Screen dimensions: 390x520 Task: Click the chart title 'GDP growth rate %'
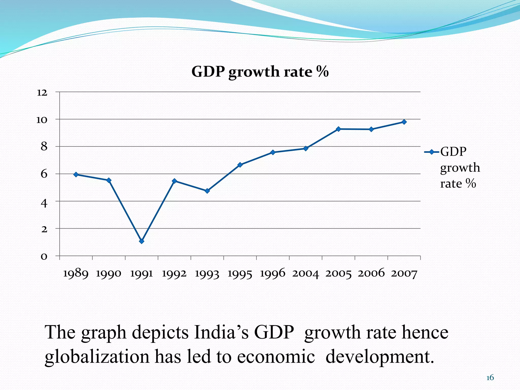tap(260, 72)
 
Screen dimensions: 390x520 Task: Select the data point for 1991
tap(142, 241)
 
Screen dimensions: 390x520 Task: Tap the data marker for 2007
tap(404, 122)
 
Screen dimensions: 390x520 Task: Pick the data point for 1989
tap(76, 174)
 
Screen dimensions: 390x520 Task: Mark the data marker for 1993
tap(207, 191)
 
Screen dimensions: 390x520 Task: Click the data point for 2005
tap(338, 129)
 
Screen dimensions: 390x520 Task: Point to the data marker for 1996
tap(273, 152)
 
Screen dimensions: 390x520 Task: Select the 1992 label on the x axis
tap(174, 274)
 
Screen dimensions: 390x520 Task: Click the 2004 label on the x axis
tap(305, 274)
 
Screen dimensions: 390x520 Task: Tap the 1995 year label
tap(240, 274)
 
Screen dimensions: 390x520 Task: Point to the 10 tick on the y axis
tap(42, 120)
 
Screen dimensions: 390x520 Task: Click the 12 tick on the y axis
tap(42, 92)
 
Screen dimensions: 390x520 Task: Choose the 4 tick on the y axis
tap(44, 203)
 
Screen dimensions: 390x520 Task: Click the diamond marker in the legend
tap(431, 152)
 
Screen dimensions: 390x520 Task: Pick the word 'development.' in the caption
tap(380, 357)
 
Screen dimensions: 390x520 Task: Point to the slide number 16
tap(490, 378)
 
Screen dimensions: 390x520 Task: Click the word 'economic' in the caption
tap(276, 357)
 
